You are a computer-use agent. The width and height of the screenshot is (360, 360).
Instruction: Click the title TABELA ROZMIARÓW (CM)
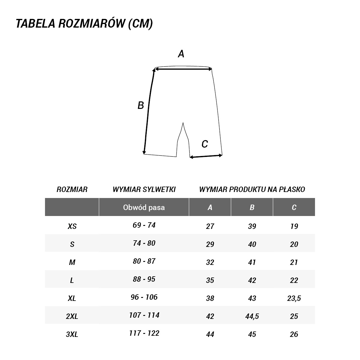pos(84,24)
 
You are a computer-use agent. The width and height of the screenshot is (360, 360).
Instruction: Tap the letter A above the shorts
pos(181,54)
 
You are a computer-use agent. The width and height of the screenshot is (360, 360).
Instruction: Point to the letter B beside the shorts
pos(141,106)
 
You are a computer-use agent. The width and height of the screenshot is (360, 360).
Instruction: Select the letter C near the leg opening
pos(205,144)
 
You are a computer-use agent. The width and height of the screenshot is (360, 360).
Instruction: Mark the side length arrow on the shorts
pos(149,111)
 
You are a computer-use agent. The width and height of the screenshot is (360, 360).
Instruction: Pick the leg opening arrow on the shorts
pos(206,156)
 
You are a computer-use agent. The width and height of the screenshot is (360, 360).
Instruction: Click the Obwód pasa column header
pos(144,207)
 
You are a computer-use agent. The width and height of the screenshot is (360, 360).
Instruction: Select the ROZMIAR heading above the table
pos(72,189)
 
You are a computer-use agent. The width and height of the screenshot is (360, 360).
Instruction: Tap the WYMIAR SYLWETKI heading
pos(144,189)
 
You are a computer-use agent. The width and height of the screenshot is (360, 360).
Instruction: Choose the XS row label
pos(72,226)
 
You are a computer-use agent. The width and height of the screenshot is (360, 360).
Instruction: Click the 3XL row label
pos(72,334)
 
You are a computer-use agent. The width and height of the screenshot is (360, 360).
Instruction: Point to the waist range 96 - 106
pos(144,297)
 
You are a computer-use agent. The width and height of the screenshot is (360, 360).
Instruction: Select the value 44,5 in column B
pos(252,316)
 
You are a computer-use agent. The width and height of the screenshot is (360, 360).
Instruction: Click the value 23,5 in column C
pos(294,298)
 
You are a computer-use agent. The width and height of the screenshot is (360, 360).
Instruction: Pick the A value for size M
pos(210,262)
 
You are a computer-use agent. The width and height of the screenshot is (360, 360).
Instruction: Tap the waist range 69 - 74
pos(144,225)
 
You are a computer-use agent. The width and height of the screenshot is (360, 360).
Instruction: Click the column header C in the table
pos(294,207)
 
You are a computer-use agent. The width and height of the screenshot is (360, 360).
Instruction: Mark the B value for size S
pos(252,244)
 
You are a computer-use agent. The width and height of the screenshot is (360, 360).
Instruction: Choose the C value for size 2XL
pos(294,316)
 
